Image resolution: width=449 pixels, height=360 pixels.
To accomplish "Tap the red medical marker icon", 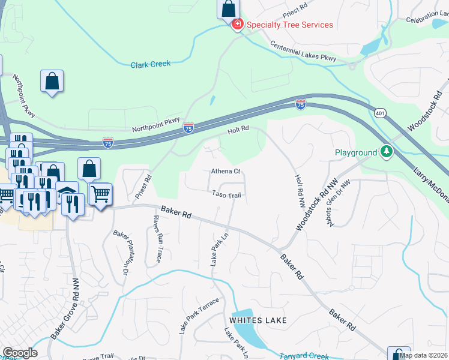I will [x=237, y=25].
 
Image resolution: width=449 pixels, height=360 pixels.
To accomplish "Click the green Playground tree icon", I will [x=387, y=152].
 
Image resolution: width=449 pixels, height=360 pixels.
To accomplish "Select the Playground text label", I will [x=355, y=153].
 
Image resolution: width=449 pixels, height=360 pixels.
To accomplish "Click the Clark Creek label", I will [x=151, y=64].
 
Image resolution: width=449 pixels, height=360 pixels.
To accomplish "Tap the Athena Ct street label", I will [x=225, y=172].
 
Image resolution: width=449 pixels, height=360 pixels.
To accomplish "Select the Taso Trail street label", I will [x=226, y=194].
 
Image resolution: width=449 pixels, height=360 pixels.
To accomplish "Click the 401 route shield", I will [x=380, y=112].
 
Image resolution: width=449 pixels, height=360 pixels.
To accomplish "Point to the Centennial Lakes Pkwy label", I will [x=303, y=52].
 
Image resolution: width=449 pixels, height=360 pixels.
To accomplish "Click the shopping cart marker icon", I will [x=100, y=194].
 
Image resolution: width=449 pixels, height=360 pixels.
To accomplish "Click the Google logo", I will [x=20, y=353].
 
